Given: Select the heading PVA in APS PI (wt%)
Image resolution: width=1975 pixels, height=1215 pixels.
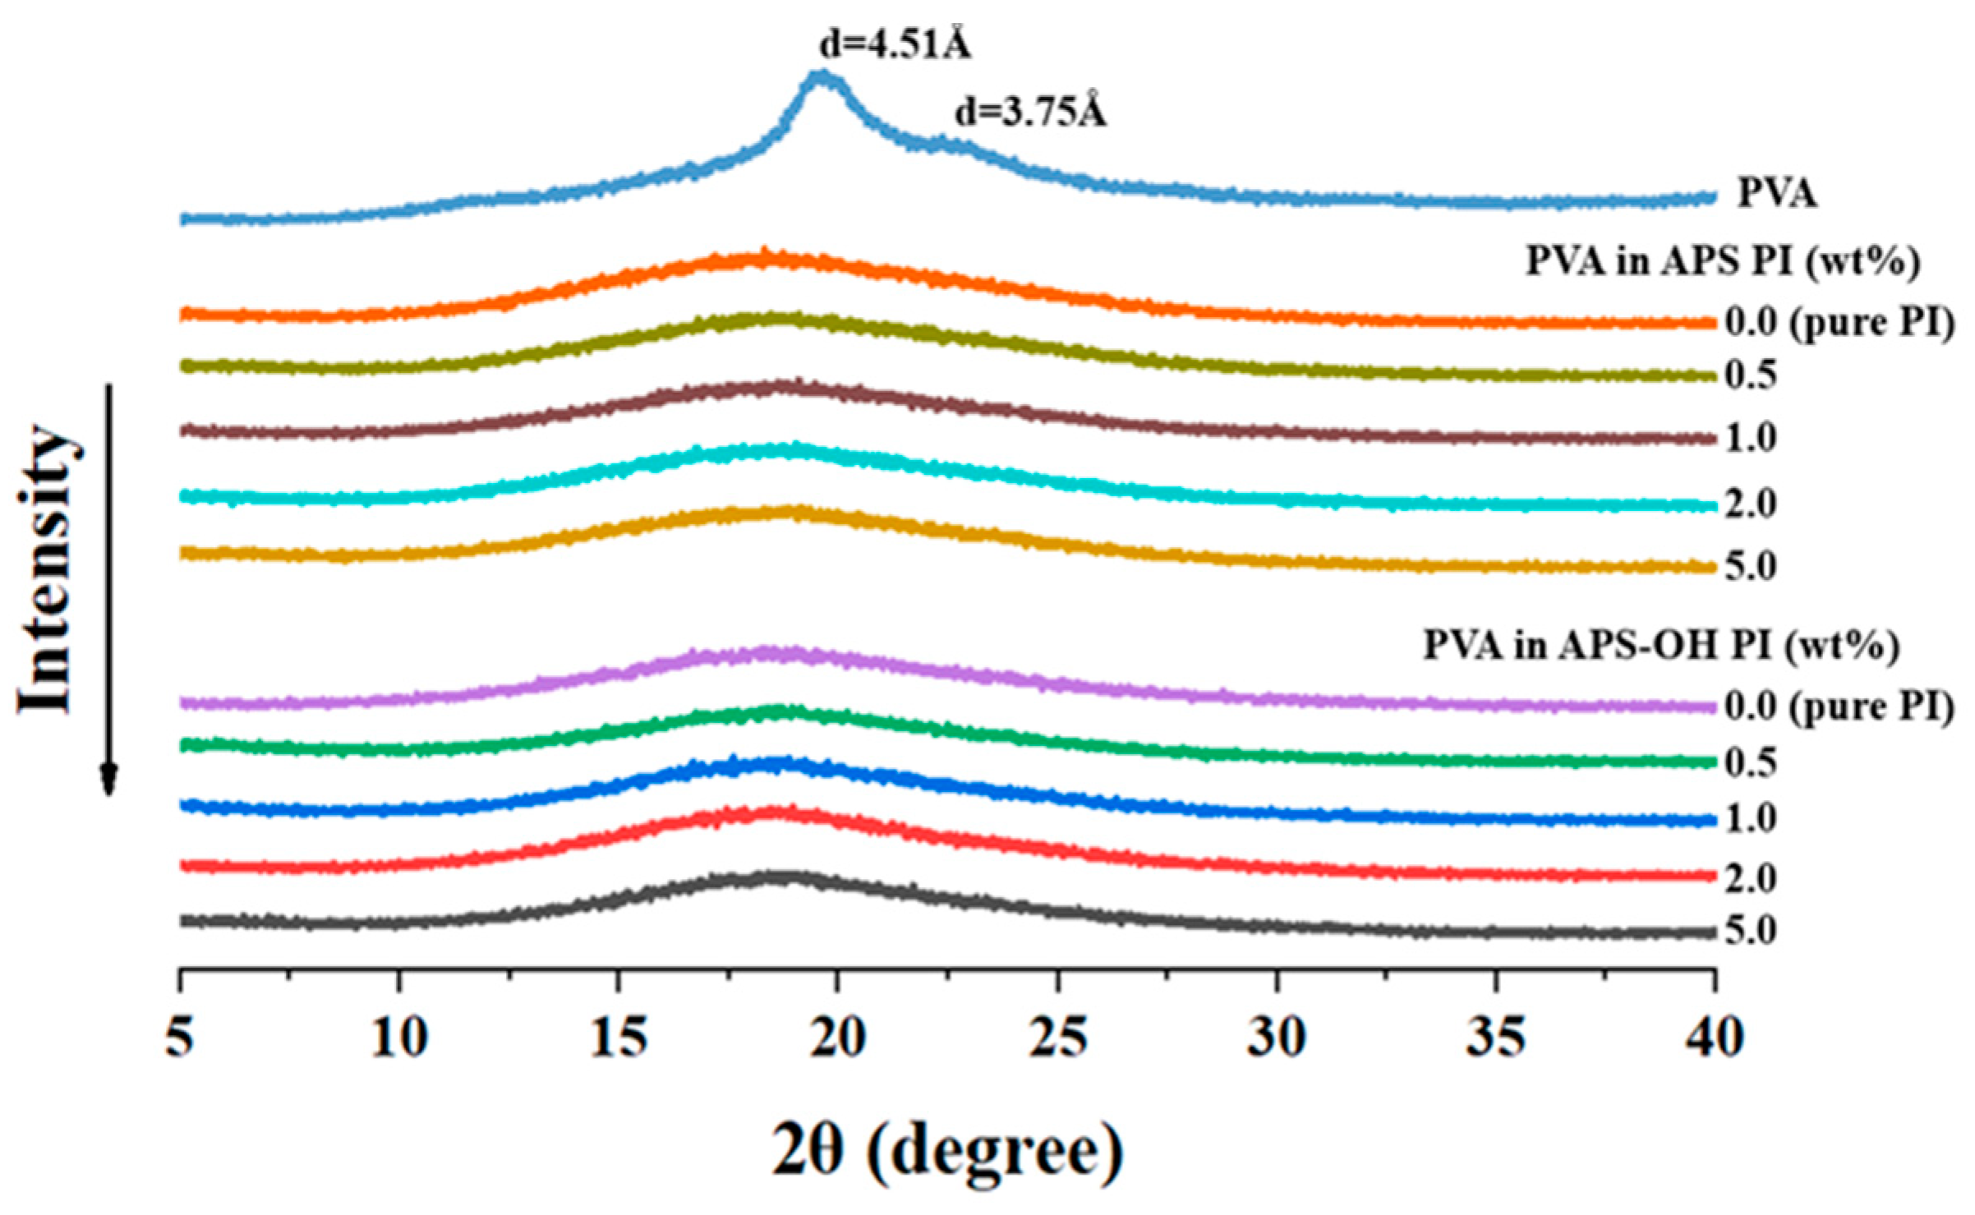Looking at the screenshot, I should [x=1722, y=262].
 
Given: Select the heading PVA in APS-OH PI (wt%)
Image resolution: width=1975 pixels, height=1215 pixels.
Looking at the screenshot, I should [x=1660, y=646].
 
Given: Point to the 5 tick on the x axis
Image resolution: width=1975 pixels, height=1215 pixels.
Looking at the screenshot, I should [x=179, y=1038].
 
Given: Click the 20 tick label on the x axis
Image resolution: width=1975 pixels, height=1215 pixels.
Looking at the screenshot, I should [x=836, y=1038].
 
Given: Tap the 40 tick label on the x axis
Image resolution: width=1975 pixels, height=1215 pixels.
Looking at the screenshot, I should [x=1714, y=1038].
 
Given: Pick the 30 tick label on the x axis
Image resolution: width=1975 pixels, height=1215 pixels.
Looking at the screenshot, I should [x=1276, y=1038].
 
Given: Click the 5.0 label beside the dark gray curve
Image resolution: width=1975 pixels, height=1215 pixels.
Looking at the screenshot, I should [x=1750, y=932].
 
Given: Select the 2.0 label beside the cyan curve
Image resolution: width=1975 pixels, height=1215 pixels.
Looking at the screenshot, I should [x=1750, y=504].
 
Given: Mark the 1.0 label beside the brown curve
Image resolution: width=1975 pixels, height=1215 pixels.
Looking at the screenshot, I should [x=1750, y=439].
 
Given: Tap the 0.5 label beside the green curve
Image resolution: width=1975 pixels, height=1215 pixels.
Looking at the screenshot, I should [x=1750, y=763].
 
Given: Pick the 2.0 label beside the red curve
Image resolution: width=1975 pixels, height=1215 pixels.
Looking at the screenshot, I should [x=1750, y=878].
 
